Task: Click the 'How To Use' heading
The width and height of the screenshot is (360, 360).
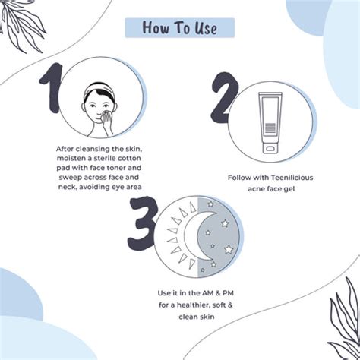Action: (x=179, y=28)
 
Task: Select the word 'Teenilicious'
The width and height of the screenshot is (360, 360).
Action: (x=288, y=177)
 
